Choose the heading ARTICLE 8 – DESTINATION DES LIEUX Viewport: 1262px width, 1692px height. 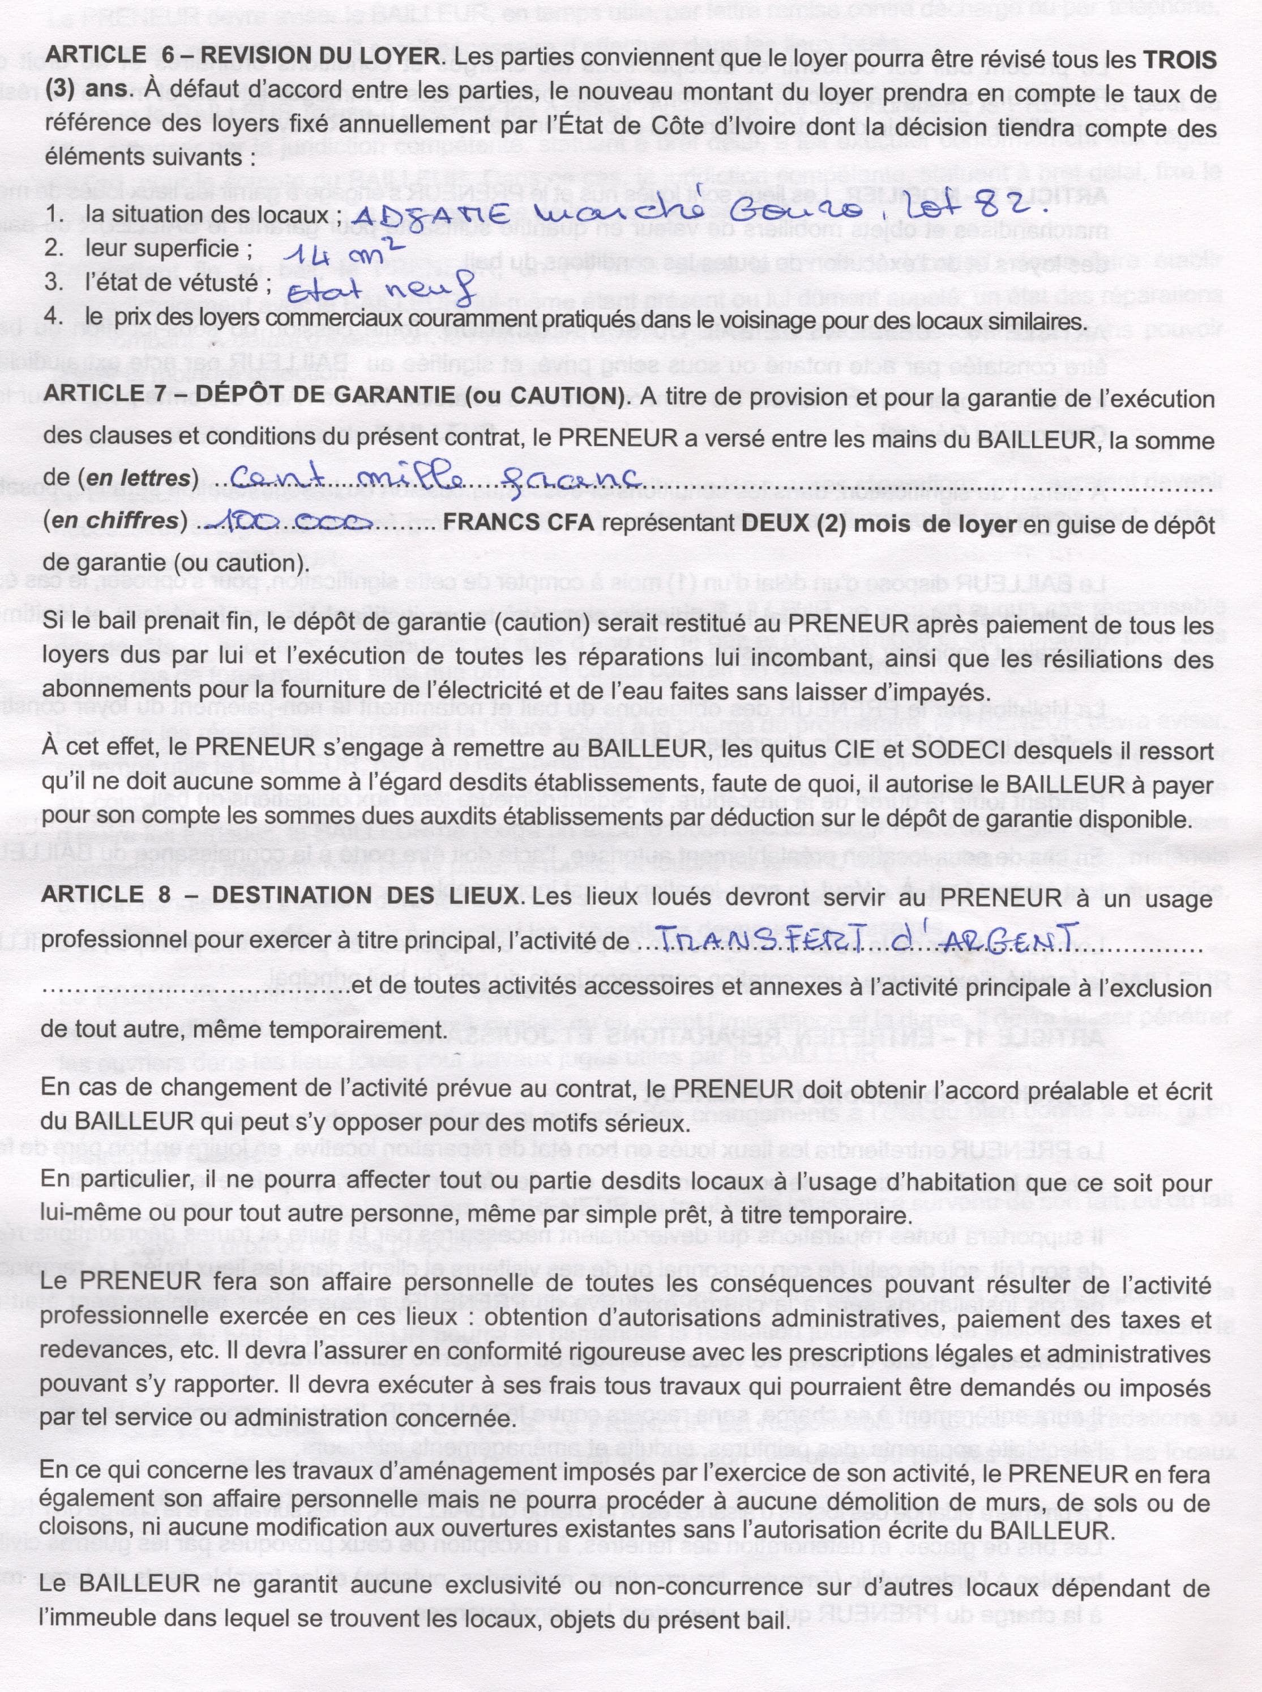(x=283, y=896)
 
